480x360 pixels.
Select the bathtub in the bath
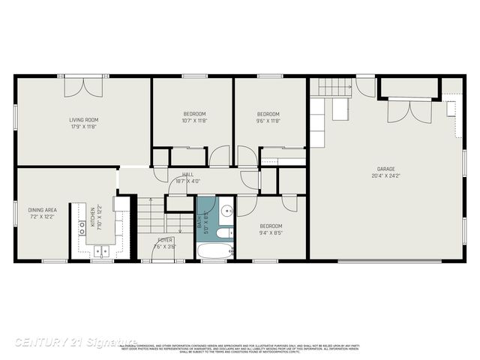[x=215, y=247]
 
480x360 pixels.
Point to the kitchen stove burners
[x=82, y=228]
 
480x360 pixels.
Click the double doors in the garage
[x=409, y=112]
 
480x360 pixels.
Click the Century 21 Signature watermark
[x=76, y=341]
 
